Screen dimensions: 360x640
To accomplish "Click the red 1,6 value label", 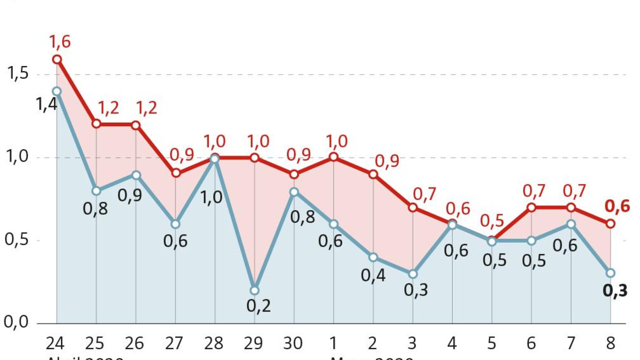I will (60, 42).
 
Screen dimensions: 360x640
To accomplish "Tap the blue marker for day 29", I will (255, 290).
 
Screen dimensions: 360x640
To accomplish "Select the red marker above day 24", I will (57, 60).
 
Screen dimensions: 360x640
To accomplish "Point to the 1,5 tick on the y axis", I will (18, 73).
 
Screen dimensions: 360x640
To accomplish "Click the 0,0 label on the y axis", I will (16, 322).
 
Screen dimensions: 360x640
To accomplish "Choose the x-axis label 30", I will (293, 343).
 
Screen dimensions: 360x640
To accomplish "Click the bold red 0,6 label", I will (617, 206).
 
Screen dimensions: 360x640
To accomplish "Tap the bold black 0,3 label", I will (615, 291).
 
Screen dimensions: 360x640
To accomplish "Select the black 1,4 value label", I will (46, 104).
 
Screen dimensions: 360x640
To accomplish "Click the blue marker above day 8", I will (610, 273).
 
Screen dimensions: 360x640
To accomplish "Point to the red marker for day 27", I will (175, 173).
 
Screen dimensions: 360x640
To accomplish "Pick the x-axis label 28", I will (214, 343).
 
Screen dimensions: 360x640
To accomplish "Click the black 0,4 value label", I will (373, 275).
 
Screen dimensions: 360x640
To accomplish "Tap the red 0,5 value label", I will (492, 221).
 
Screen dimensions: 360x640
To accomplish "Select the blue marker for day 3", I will (413, 274).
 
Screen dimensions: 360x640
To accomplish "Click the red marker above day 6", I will (531, 207).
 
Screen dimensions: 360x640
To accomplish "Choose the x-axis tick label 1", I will (333, 343).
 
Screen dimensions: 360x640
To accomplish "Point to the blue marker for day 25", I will (96, 191).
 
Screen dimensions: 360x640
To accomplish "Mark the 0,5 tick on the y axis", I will (17, 239).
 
